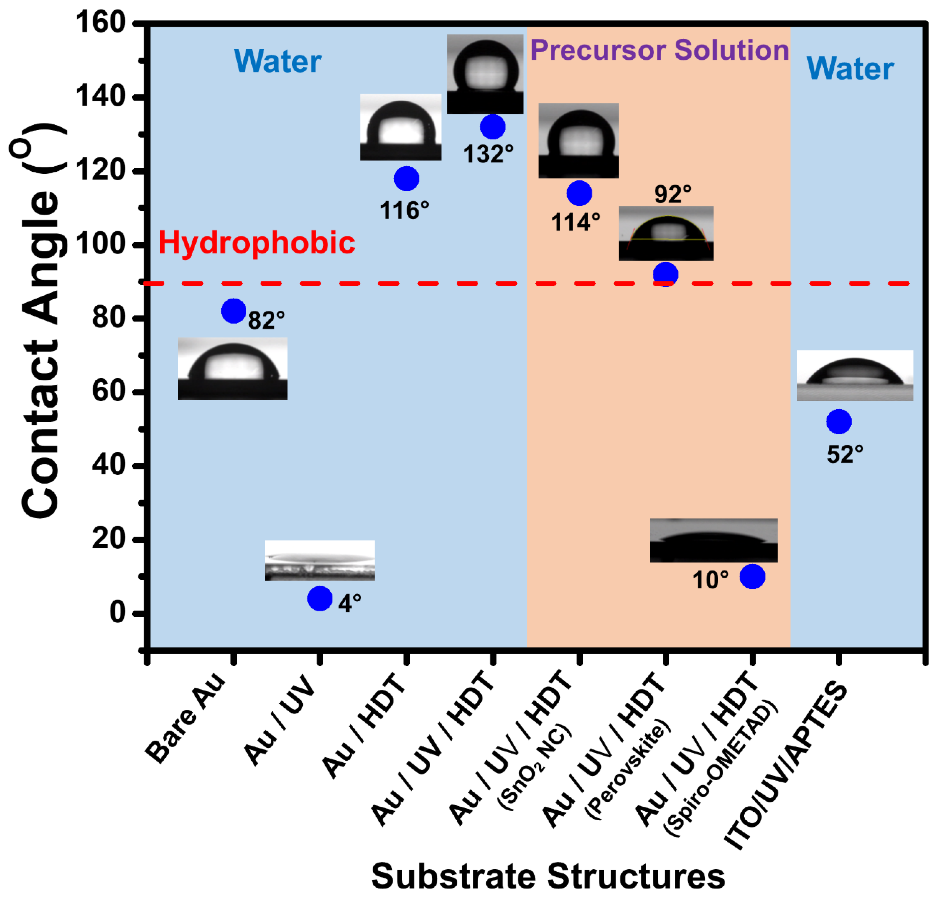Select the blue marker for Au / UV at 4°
tap(319, 599)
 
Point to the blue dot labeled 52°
tap(839, 422)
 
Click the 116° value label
tap(404, 211)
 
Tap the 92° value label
tap(673, 194)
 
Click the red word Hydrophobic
tap(256, 242)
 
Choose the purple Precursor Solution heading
tap(659, 50)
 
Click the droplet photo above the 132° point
tap(485, 73)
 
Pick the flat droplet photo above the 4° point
tap(319, 560)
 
